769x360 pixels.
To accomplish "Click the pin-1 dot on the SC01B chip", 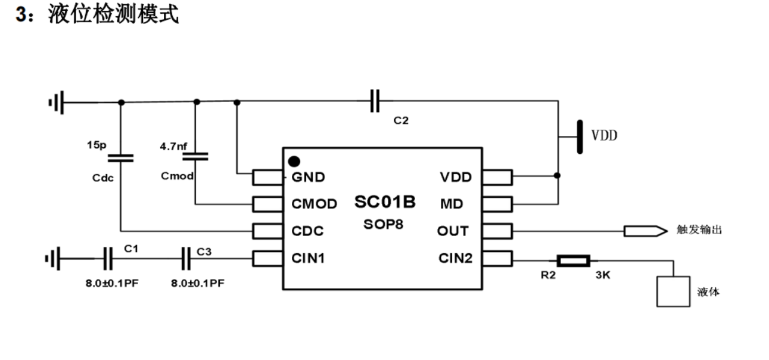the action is point(294,161).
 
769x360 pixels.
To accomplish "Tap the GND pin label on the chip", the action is point(308,177).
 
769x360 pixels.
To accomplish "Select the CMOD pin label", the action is point(314,204).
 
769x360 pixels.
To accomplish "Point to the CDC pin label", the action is point(307,231).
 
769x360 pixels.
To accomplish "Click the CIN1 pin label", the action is point(308,258).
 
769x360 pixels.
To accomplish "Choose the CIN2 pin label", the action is point(455,258).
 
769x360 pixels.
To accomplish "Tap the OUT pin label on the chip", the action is point(453,231).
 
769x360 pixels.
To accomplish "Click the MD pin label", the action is point(452,204).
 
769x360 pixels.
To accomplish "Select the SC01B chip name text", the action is point(385,201).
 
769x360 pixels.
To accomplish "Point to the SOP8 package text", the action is point(383,224).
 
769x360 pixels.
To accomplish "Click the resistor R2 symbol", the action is point(573,260).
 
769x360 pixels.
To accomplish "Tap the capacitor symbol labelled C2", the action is point(375,101).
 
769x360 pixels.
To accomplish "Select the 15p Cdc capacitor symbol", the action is point(120,158).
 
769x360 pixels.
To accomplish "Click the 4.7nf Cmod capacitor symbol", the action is point(195,157).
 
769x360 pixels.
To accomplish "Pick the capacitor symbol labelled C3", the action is point(186,258).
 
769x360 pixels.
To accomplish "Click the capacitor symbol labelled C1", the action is point(108,258).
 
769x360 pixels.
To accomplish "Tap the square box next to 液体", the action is point(673,291).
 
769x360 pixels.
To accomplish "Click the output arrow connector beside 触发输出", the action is point(646,231).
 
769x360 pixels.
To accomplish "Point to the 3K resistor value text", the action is point(603,275).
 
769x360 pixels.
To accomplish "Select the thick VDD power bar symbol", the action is point(580,136).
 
